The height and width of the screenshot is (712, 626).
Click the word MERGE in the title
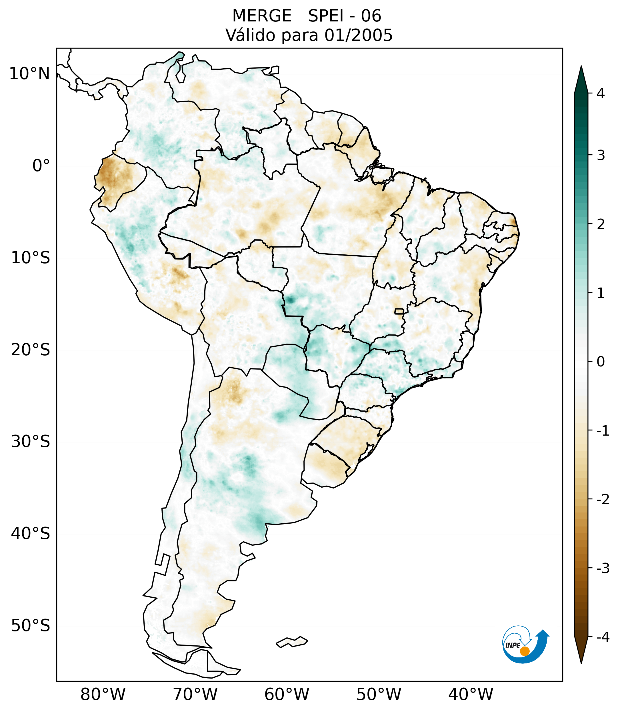point(261,16)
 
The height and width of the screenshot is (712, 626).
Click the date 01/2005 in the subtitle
point(358,35)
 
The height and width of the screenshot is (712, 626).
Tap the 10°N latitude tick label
point(29,74)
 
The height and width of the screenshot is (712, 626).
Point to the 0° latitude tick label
point(41,166)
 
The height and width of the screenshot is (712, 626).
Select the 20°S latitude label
point(30,350)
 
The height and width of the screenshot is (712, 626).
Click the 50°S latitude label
point(30,626)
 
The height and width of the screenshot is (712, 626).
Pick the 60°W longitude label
point(287,694)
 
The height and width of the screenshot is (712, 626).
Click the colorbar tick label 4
point(601,93)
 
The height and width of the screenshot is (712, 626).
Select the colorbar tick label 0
point(601,362)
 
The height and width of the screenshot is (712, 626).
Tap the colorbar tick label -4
point(603,637)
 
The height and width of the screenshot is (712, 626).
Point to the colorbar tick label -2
point(603,500)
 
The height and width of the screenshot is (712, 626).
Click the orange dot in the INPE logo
point(524,651)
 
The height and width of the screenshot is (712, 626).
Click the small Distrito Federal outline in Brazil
point(399,311)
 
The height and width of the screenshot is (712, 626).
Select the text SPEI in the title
point(325,16)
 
